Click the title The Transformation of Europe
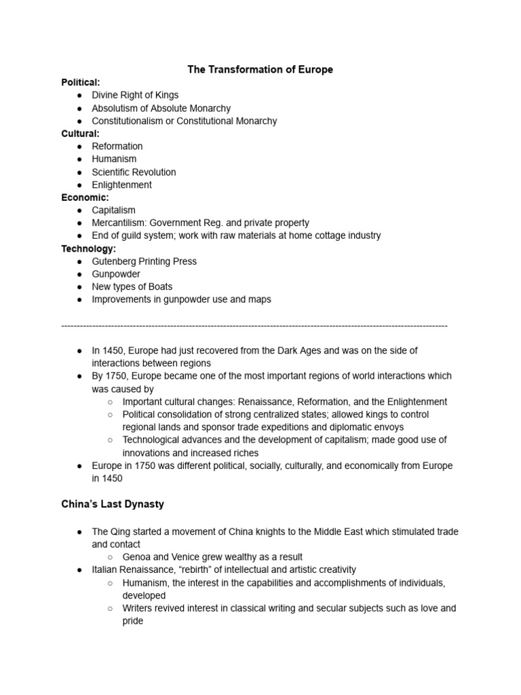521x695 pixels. pos(260,70)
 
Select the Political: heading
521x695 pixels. pos(81,82)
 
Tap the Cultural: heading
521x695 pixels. pos(80,134)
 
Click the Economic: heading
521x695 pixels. pos(85,198)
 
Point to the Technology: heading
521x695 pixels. pos(88,248)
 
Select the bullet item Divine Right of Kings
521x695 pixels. pos(135,95)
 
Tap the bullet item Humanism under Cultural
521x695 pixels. pos(114,159)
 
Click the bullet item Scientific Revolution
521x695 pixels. pos(134,172)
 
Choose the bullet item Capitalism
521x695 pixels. pos(113,210)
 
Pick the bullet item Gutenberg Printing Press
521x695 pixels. pos(144,261)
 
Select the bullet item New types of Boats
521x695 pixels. pos(132,286)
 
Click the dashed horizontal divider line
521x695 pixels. pos(254,326)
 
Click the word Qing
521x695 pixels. pos(121,531)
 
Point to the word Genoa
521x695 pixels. pos(137,557)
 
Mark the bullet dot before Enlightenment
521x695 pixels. pos(79,185)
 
